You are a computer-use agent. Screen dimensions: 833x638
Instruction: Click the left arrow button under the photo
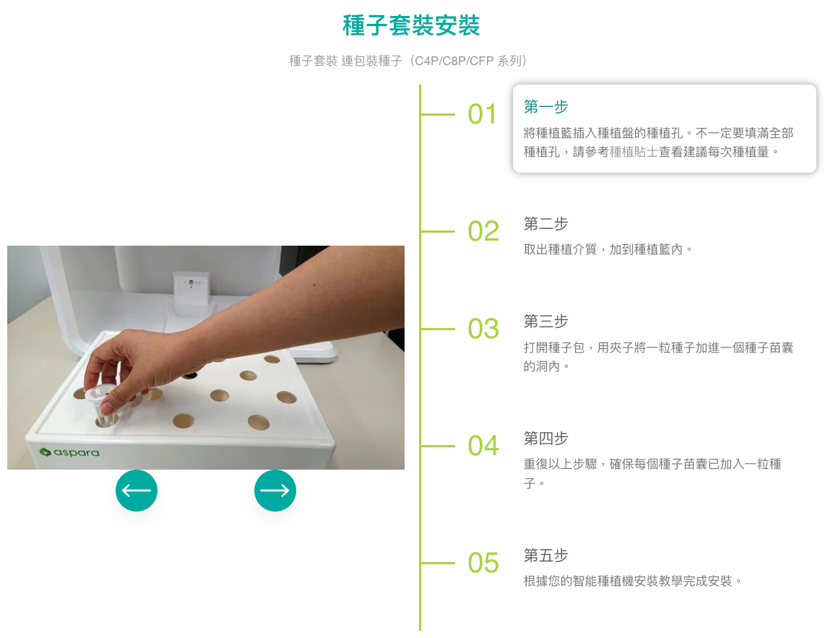coord(137,491)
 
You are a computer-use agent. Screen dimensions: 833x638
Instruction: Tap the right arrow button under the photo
coord(275,491)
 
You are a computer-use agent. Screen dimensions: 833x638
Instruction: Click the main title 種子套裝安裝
coord(411,25)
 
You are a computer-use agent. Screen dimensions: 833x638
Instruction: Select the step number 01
coord(483,114)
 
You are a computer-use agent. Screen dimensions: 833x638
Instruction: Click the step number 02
coord(483,231)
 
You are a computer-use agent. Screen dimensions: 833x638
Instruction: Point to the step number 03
coord(483,329)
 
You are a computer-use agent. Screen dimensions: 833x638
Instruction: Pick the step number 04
coord(483,446)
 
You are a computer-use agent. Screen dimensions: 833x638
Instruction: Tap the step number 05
coord(483,563)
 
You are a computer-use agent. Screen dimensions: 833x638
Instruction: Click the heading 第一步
coord(545,107)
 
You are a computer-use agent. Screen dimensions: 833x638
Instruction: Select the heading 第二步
coord(545,224)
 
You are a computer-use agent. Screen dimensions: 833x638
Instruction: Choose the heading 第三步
coord(545,322)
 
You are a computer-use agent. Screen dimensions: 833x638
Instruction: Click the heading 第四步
coord(545,439)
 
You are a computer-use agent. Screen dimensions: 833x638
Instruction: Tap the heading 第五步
coord(545,556)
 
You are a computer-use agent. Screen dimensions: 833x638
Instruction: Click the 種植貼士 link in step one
coord(634,152)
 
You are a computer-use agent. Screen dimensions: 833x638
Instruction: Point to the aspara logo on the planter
coord(69,452)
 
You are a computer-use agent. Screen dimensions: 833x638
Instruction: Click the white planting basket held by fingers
coord(101,405)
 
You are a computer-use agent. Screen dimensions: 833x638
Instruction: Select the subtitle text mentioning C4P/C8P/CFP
coord(407,61)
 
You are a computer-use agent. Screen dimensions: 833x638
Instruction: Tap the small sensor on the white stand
coord(191,283)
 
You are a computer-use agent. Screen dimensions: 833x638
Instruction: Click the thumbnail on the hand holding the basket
coord(108,408)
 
